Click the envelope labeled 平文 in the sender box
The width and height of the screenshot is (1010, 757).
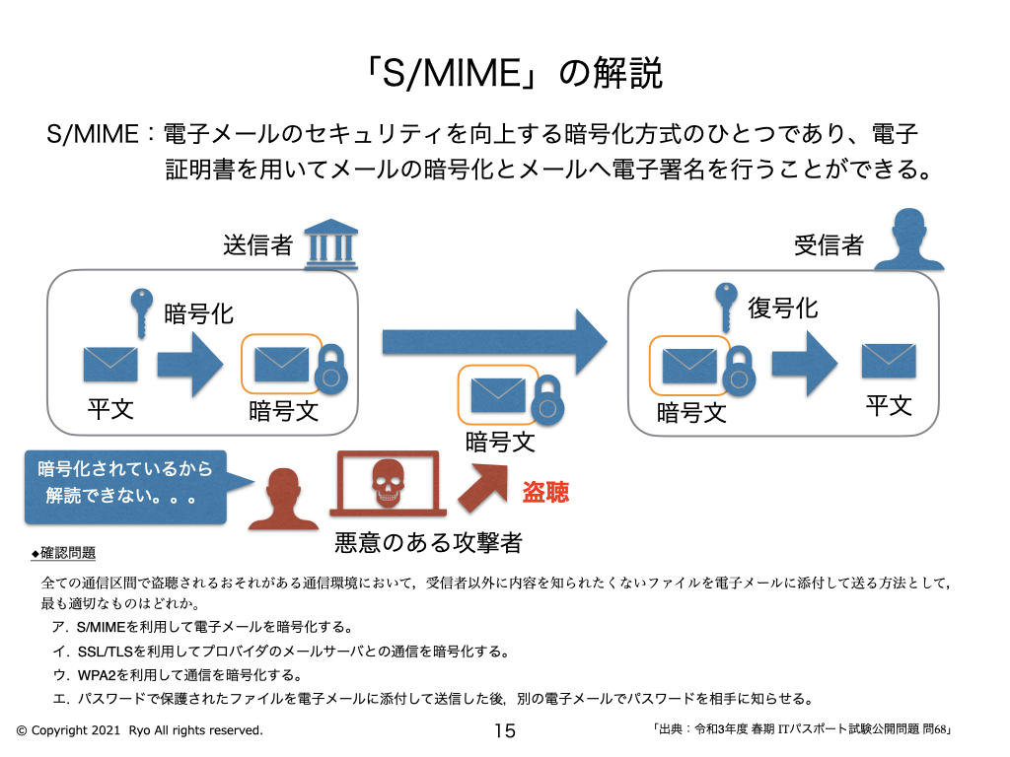110,363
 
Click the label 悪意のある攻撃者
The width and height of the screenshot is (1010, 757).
427,542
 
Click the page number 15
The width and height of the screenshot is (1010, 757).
504,730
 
